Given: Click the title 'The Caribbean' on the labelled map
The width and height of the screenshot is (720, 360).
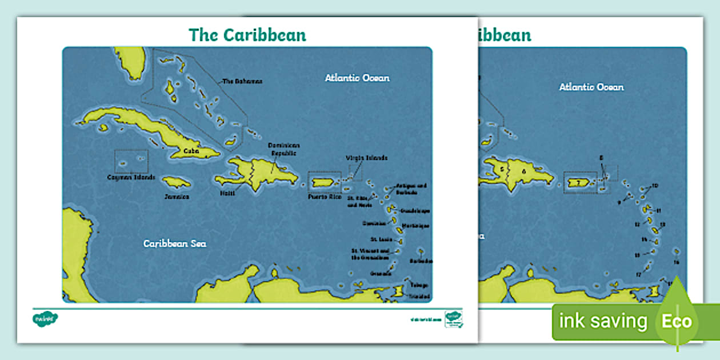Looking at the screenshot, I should pos(247,35).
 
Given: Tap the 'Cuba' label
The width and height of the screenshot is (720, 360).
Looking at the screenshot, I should pos(191,151).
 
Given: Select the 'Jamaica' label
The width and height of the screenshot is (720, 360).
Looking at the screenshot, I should pos(176,197).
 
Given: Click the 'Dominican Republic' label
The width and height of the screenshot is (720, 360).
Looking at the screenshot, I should pos(285,149).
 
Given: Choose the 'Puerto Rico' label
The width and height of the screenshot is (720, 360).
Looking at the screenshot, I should pos(325,197).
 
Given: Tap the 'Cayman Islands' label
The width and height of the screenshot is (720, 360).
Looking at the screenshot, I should pos(131,177).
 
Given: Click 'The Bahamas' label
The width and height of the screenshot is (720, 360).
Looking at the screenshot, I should pos(242,81).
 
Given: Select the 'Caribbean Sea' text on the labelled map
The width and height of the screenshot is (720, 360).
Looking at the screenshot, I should pos(174,243).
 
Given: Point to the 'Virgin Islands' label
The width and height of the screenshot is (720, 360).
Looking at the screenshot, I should pos(366,158).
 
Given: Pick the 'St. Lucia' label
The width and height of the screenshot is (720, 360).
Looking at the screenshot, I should pos(381,239).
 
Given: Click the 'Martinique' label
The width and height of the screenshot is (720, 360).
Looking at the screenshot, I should pos(415,226).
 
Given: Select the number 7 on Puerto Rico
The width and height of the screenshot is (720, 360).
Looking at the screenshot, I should pos(579,182).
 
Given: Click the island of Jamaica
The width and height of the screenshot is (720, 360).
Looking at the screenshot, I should pos(176,182).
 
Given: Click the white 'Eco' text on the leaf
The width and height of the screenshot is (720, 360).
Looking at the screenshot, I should pos(677,321).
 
